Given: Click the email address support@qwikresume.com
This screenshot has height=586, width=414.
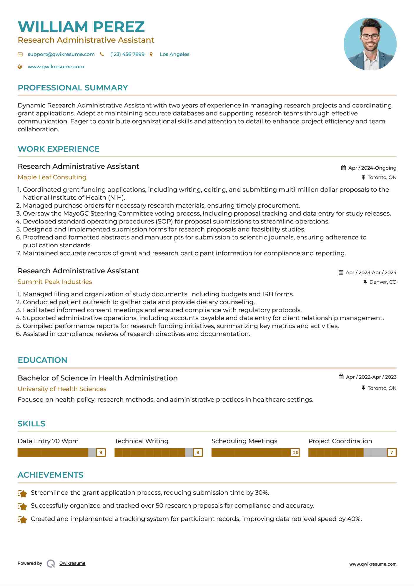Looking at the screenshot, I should point(61,54).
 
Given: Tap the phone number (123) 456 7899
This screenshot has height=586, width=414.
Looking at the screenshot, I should point(127,54).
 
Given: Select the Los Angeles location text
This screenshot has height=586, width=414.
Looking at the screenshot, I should point(174,54).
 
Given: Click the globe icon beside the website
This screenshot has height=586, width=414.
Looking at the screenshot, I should point(20,67).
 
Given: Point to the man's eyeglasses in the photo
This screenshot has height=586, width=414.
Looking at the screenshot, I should point(370,37).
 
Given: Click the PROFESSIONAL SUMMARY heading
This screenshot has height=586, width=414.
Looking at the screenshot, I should point(73,88).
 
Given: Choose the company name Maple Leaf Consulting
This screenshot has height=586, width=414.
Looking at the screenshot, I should point(52,177).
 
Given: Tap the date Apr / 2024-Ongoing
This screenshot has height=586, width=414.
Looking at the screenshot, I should point(372,168).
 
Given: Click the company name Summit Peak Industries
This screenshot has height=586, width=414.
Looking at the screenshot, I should point(55,282).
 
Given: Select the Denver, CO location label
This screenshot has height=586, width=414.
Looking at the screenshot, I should point(383,282).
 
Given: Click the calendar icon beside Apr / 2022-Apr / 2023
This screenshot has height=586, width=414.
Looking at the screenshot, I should point(341,377).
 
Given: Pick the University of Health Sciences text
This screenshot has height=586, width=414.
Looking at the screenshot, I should point(62,389).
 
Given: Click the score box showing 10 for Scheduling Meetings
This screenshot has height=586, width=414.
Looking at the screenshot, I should point(295,452).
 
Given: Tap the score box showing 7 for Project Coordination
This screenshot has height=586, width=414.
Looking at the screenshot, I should point(392,452).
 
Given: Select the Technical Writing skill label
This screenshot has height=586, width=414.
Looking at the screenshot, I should point(141,441).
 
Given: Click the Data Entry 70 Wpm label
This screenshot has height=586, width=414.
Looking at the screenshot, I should point(48,441).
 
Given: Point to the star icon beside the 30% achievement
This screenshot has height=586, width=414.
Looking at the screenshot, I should point(22,493).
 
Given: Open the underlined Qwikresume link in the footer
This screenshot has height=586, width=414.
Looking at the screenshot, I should point(72,563).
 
